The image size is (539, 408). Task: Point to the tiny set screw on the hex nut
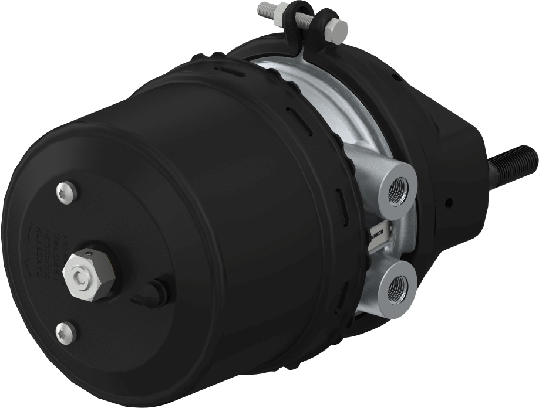pos(88,254)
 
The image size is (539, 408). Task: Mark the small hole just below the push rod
pos(449,203)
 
